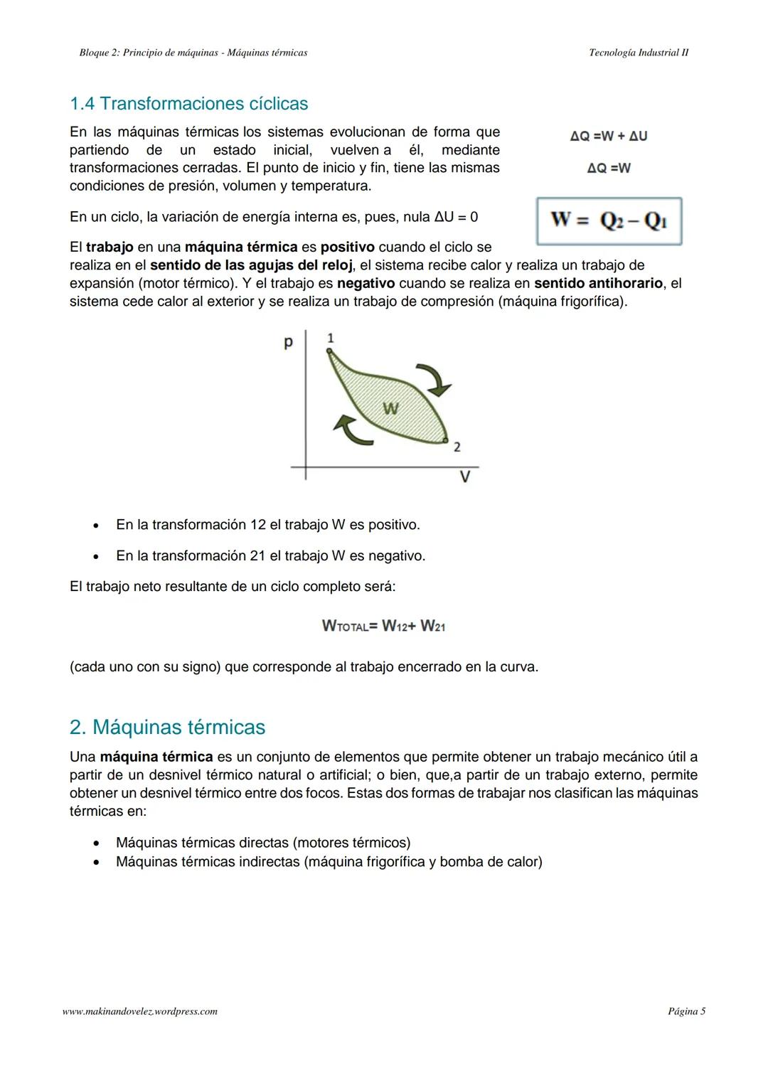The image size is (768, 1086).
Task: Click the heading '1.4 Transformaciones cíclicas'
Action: coord(188,104)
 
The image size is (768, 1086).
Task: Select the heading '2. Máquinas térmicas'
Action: coord(167,727)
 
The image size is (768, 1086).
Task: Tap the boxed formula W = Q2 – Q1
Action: coord(609,220)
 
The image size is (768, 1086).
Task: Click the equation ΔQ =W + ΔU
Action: coord(609,136)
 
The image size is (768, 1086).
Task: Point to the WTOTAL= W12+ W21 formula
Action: coord(383,626)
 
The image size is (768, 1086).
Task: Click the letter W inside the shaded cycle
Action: coord(390,408)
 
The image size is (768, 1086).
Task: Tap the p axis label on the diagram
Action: coord(288,343)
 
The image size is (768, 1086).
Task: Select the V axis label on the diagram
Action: coord(464,477)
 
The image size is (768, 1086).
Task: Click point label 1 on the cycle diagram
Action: coord(330,338)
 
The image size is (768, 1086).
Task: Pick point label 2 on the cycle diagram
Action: coord(457,447)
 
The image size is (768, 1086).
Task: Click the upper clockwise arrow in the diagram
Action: coord(434,379)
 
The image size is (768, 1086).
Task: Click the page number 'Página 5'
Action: coord(686,1011)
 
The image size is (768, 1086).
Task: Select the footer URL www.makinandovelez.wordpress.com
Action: coord(140,1011)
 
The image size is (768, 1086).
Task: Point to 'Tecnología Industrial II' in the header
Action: coord(639,53)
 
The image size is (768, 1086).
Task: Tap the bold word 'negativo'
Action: coord(366,283)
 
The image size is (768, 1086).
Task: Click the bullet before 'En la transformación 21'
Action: coord(95,557)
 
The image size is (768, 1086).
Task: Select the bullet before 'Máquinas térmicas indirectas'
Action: coord(95,863)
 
